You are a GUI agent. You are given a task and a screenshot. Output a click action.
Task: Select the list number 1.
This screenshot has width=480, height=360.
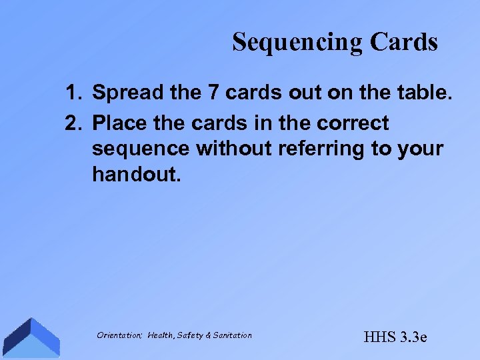tap(73, 93)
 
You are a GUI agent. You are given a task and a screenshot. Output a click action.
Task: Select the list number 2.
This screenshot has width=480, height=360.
tap(73, 123)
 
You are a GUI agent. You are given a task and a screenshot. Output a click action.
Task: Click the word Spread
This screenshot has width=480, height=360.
tap(129, 94)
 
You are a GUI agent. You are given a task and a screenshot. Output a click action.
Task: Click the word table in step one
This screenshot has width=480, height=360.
tap(425, 93)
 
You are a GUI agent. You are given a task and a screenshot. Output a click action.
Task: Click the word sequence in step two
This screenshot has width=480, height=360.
tap(140, 149)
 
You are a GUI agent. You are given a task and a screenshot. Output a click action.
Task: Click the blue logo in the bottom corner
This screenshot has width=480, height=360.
tap(29, 337)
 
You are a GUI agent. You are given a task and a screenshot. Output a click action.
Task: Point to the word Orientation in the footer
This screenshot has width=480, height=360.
tap(119, 335)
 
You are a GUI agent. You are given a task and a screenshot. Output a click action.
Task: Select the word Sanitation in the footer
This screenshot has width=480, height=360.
tap(233, 335)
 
